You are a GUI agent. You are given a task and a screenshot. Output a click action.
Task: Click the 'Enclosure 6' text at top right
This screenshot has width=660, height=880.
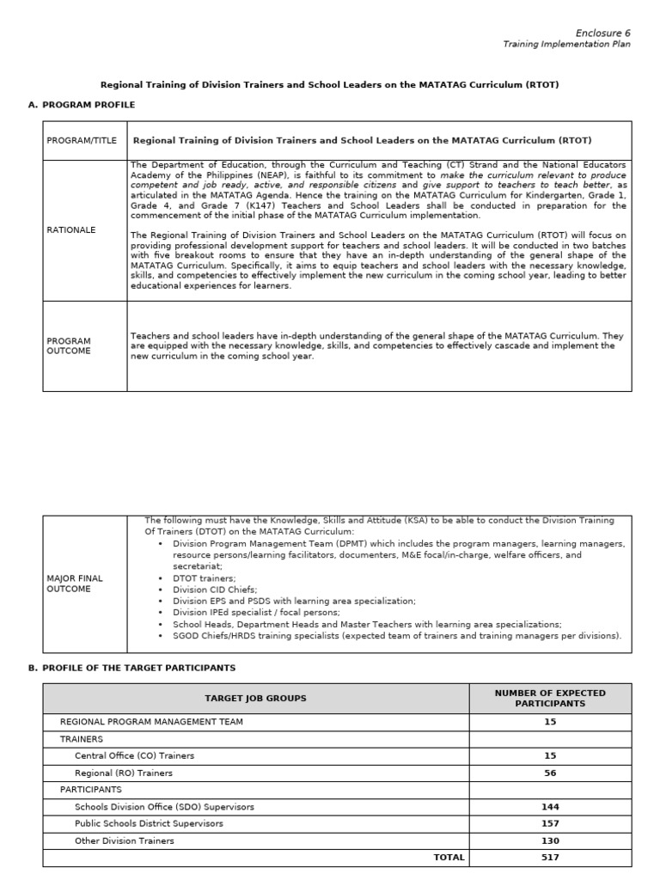(602, 33)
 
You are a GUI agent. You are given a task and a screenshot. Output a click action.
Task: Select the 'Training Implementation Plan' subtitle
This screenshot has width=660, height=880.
(566, 45)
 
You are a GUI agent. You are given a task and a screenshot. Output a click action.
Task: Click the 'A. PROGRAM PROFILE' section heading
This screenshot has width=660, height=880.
(82, 105)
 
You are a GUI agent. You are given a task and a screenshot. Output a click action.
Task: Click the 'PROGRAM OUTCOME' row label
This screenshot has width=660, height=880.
(69, 345)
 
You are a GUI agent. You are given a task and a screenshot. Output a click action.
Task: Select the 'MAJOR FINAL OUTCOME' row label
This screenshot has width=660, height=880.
(75, 584)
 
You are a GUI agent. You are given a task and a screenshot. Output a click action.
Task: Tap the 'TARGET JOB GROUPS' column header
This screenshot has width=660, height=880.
(255, 699)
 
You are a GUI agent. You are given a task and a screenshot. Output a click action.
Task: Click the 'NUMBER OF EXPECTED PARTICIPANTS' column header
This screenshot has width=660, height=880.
(550, 698)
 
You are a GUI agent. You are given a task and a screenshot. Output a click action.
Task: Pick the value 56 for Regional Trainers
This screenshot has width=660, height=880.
(550, 773)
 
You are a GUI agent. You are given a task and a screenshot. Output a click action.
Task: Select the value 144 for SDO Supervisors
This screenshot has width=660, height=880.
(550, 807)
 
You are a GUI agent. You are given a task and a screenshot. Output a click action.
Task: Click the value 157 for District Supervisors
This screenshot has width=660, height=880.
(550, 823)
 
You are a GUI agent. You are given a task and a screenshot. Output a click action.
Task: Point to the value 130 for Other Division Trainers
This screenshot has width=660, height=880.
(550, 840)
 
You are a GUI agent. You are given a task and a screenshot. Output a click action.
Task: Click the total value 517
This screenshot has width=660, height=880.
(550, 857)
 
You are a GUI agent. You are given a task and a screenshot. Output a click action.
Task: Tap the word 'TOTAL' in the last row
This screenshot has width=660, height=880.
(449, 857)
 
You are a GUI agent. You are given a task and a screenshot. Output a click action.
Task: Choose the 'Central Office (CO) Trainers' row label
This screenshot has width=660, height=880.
(134, 755)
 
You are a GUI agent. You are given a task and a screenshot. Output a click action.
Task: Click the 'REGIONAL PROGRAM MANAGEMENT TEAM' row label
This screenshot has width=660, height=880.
(150, 722)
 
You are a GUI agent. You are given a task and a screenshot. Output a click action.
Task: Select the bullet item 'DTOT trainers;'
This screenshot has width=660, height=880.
(204, 578)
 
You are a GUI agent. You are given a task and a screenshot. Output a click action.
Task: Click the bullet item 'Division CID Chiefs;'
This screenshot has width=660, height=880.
(215, 590)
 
